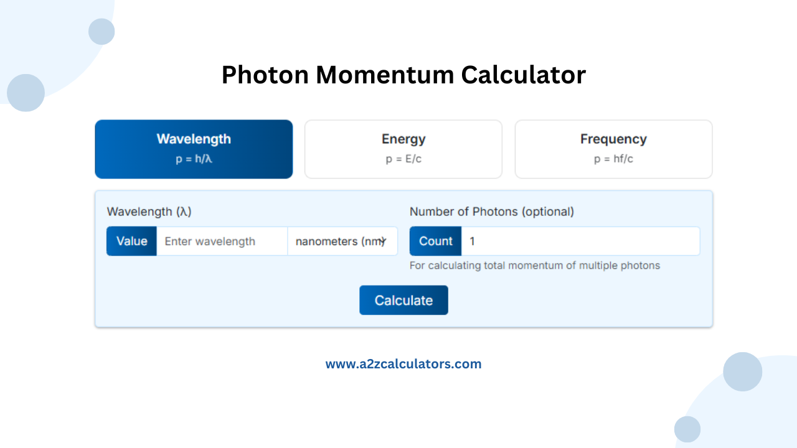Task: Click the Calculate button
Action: tap(403, 300)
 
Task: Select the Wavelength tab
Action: tap(194, 149)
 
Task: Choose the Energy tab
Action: tap(403, 149)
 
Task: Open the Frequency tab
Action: tap(613, 149)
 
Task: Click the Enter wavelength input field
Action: tap(222, 241)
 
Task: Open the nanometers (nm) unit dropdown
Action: tap(342, 241)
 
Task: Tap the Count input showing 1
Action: tap(580, 241)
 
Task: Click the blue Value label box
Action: tap(131, 241)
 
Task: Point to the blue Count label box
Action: tap(435, 241)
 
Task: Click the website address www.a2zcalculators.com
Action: tap(403, 364)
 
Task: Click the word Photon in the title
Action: tap(265, 75)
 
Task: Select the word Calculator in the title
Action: tap(523, 75)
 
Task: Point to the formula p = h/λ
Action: tap(194, 159)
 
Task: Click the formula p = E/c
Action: tap(403, 159)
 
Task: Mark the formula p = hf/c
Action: tap(613, 159)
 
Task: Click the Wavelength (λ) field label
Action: tap(149, 212)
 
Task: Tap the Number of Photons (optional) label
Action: tap(491, 212)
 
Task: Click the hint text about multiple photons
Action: tap(534, 266)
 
